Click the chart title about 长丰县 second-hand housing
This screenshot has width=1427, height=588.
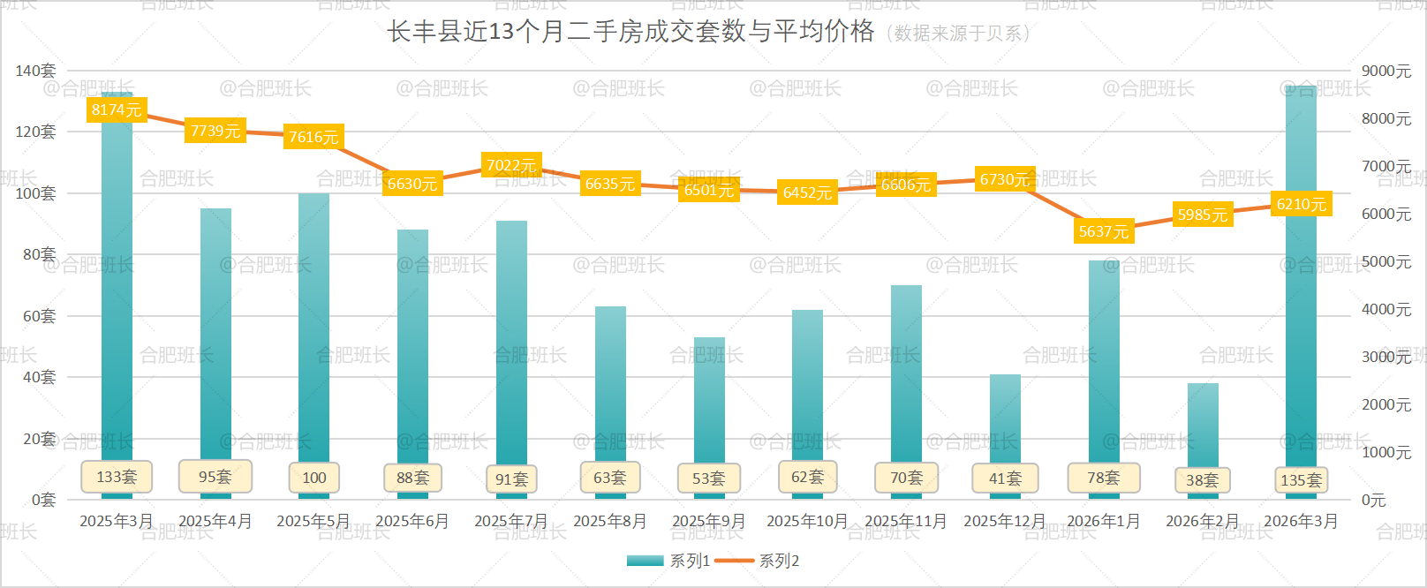click(630, 32)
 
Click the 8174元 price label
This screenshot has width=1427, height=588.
click(117, 109)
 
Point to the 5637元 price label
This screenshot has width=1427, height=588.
click(1104, 231)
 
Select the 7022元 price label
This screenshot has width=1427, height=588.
click(511, 165)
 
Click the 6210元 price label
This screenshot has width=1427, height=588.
click(1302, 204)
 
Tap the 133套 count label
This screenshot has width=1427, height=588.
click(117, 477)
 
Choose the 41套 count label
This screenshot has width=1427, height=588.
click(1005, 479)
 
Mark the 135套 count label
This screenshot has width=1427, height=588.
click(1302, 480)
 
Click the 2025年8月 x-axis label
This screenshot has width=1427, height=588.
click(610, 521)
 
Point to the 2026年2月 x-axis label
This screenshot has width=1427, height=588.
click(1203, 521)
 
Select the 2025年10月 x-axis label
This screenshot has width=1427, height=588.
click(807, 521)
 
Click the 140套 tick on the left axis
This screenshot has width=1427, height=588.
click(35, 71)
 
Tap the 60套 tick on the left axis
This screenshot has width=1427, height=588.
click(39, 316)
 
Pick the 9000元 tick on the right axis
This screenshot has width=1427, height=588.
click(1386, 71)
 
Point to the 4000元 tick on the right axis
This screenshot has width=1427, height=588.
click(1386, 309)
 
